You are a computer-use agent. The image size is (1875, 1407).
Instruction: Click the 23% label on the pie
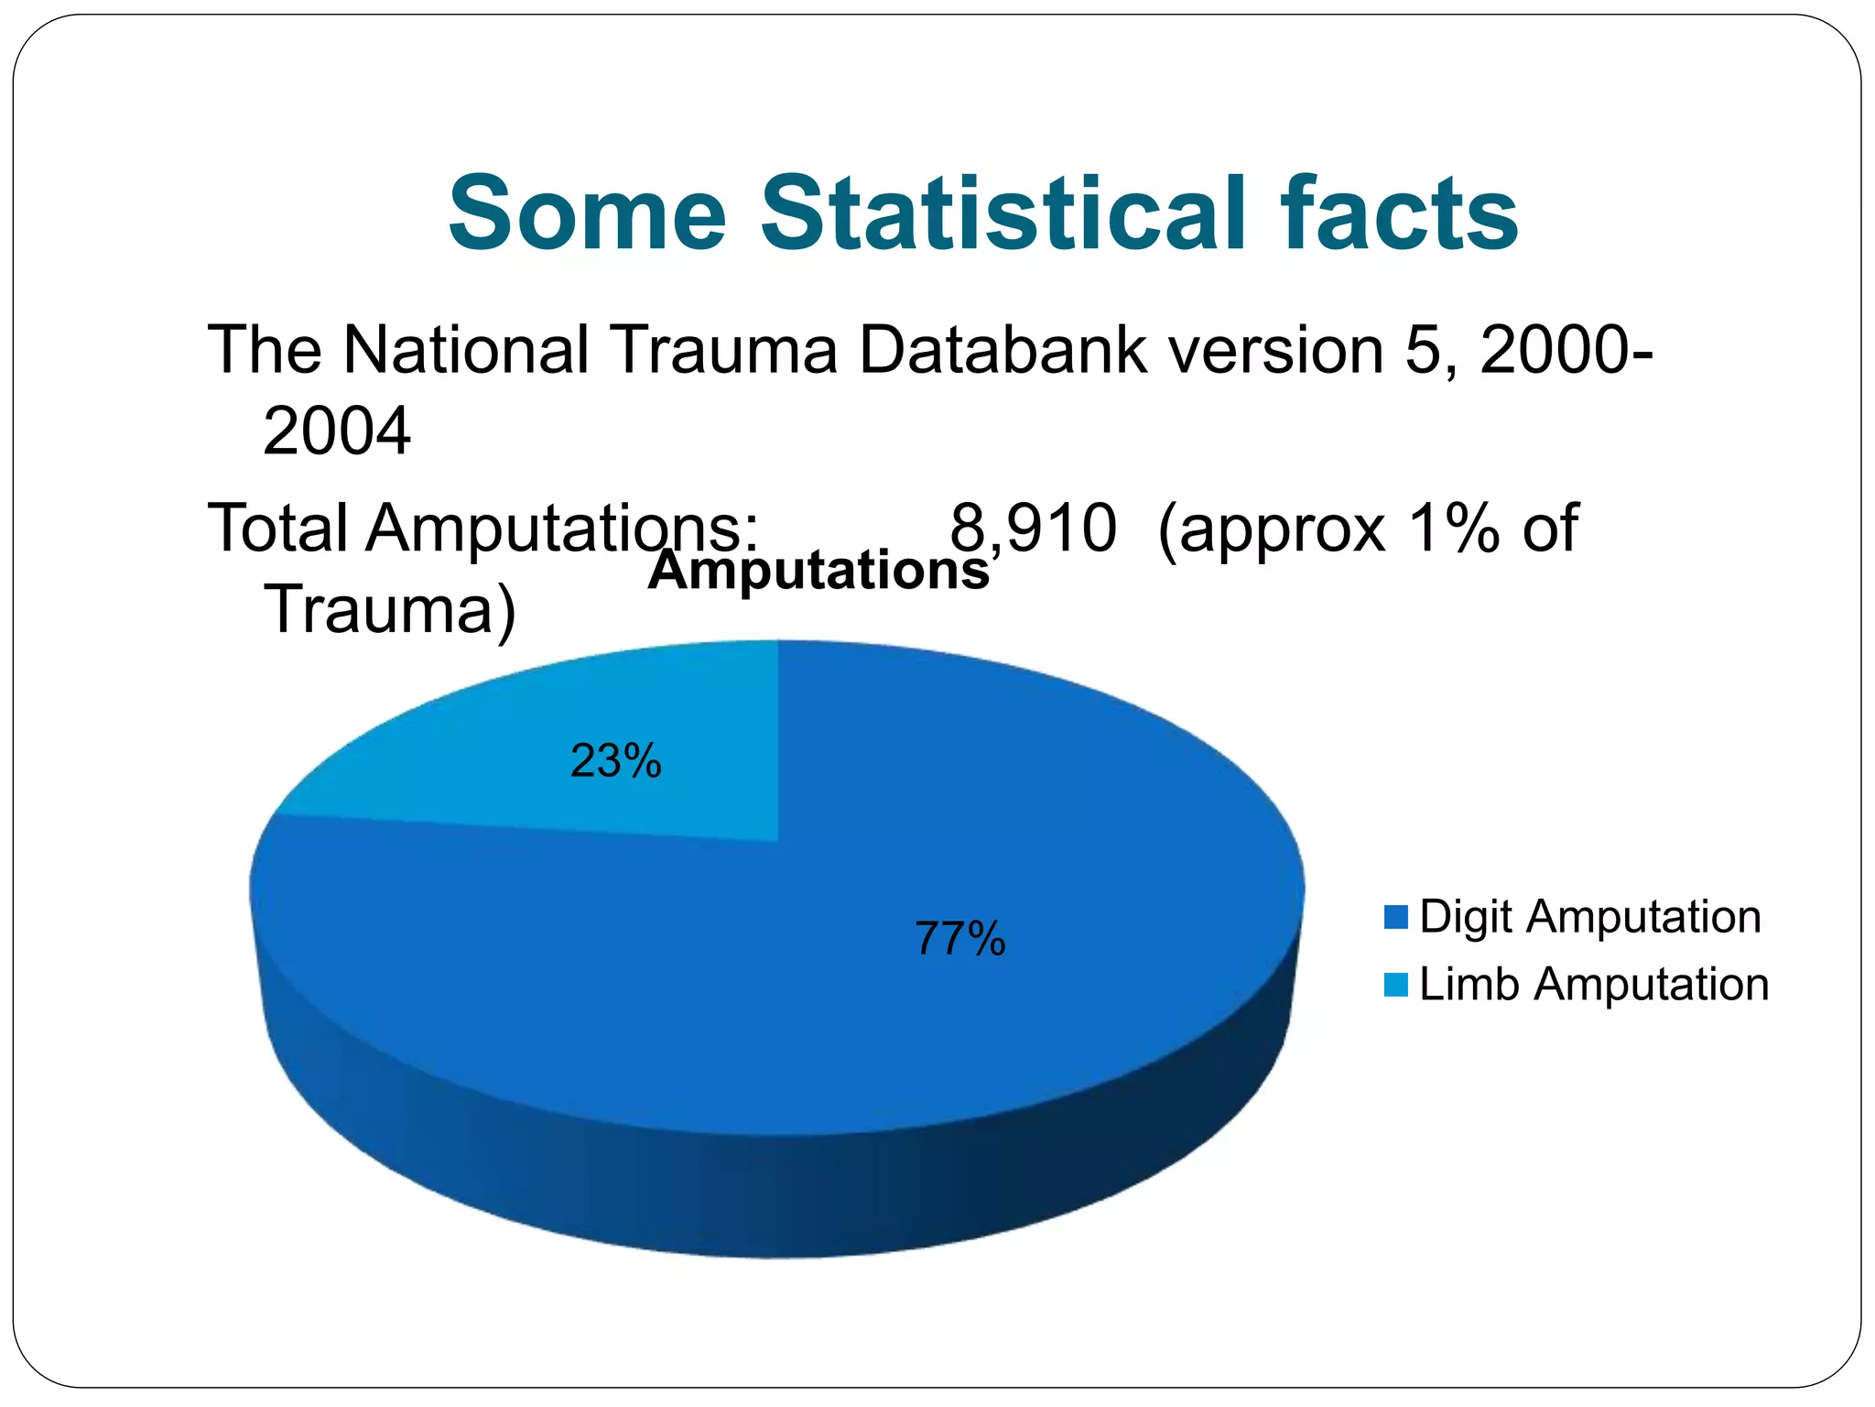[x=615, y=761]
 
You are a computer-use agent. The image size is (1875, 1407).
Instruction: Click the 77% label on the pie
[x=959, y=939]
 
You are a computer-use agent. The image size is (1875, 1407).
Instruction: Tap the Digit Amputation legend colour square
[x=1396, y=917]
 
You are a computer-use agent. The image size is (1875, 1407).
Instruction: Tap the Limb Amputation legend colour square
[x=1396, y=985]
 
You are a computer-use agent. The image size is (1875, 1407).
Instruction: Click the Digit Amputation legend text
[x=1589, y=917]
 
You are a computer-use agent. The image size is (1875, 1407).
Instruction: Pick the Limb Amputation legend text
[x=1593, y=985]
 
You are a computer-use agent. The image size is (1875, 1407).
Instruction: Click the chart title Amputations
[x=818, y=570]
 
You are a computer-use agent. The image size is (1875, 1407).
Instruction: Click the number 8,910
[x=1033, y=529]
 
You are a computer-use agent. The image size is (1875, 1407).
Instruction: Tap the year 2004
[x=336, y=431]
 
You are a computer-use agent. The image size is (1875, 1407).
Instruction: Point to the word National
[x=465, y=350]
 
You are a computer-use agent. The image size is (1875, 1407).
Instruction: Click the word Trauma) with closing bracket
[x=390, y=609]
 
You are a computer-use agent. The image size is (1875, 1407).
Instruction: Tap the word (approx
[x=1272, y=529]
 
